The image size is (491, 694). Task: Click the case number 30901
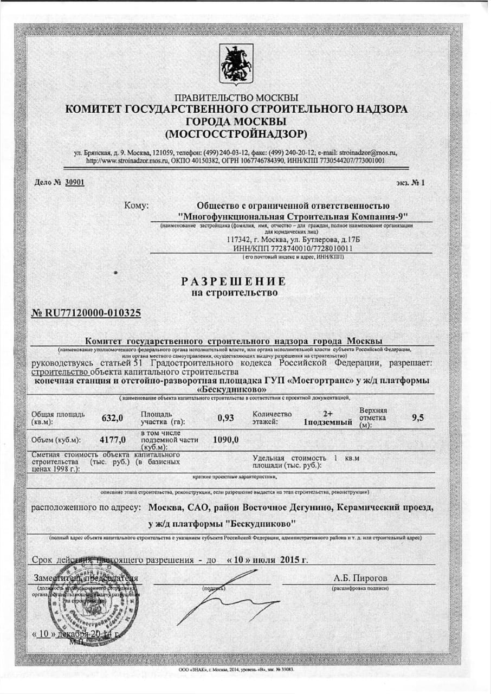point(74,183)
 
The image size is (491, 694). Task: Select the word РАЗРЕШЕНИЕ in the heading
point(233,281)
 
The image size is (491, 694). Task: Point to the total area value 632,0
point(113,417)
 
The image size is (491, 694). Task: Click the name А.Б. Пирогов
point(360,577)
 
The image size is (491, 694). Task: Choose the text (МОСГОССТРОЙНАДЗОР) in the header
point(236,133)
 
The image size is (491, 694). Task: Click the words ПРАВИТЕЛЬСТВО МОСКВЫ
point(236,98)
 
